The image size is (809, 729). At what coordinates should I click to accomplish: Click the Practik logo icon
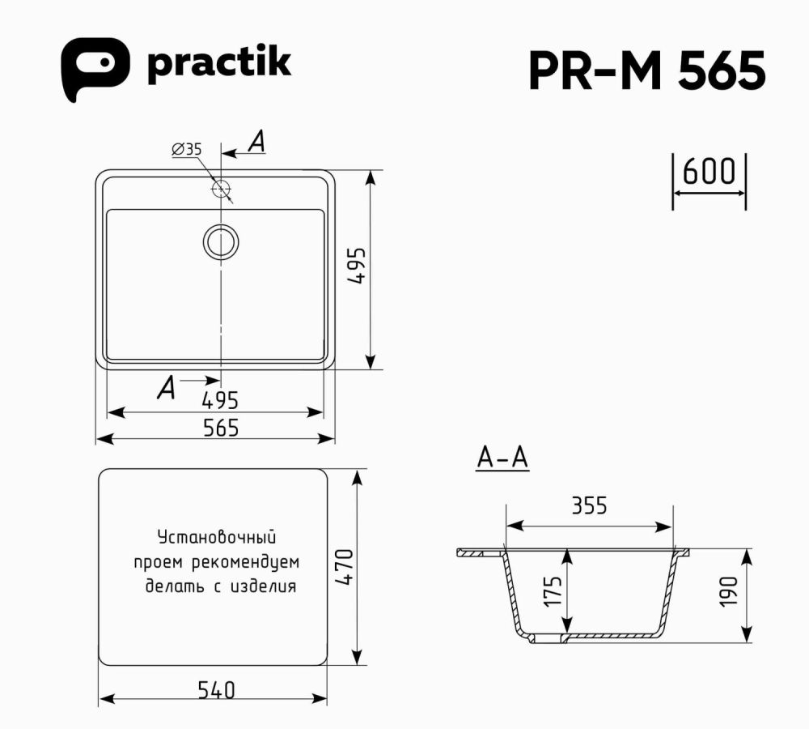[95, 68]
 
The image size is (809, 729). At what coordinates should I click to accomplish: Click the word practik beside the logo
[218, 65]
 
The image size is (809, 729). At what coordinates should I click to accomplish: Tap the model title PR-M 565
[646, 72]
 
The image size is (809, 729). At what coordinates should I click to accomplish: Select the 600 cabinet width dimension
[709, 173]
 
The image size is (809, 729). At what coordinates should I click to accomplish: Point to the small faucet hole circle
[220, 189]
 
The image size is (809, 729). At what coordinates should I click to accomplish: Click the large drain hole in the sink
[220, 241]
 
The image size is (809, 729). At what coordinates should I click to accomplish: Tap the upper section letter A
[256, 143]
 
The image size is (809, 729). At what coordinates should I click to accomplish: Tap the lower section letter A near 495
[167, 388]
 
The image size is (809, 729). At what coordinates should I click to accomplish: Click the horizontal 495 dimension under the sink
[219, 400]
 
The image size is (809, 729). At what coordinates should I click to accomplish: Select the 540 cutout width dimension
[216, 690]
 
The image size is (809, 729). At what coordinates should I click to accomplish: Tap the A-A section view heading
[502, 458]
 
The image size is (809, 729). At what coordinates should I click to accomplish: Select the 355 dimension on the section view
[589, 506]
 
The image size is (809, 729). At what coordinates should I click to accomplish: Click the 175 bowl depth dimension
[552, 592]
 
